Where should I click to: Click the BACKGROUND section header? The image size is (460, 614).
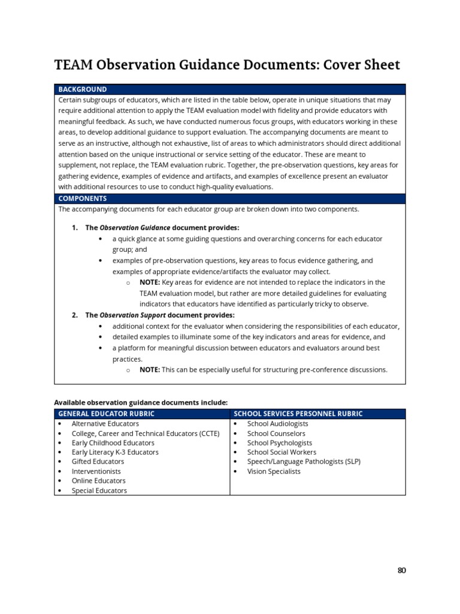point(83,89)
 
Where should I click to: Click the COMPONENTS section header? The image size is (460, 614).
point(83,198)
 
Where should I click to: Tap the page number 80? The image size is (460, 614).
point(401,570)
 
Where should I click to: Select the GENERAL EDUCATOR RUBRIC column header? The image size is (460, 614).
point(106,414)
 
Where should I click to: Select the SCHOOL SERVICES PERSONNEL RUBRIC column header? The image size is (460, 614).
point(298,414)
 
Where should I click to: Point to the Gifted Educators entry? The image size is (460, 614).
point(98,462)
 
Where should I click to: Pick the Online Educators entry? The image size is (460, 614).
point(98,481)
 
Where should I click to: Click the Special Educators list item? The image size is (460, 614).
point(99,490)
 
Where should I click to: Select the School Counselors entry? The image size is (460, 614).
point(276,434)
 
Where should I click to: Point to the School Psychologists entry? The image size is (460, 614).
point(279,443)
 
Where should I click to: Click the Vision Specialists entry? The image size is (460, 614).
point(274,471)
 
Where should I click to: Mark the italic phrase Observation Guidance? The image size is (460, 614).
point(135,228)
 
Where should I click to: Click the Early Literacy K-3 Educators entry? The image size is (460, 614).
point(115,452)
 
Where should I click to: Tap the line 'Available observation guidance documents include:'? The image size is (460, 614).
point(141,402)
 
